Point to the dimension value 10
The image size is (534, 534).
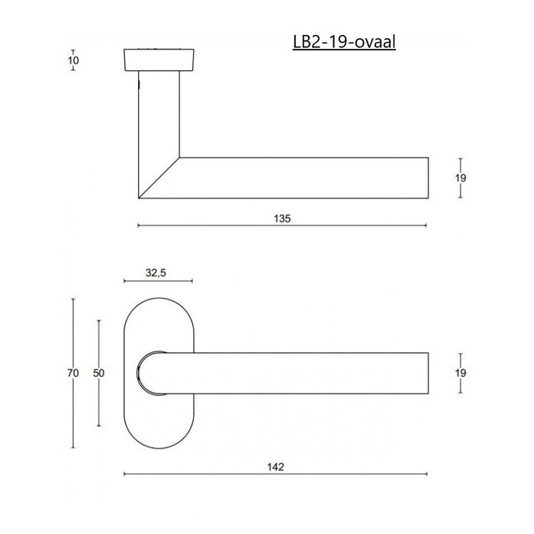click(x=72, y=60)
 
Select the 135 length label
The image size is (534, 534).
click(x=281, y=217)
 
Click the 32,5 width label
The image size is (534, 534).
click(x=157, y=273)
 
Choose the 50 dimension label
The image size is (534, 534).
click(x=98, y=373)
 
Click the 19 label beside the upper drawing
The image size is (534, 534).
click(x=460, y=178)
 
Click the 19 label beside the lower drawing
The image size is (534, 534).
click(x=460, y=373)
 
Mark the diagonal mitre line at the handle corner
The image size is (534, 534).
click(x=158, y=179)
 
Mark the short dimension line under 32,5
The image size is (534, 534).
click(x=157, y=281)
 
